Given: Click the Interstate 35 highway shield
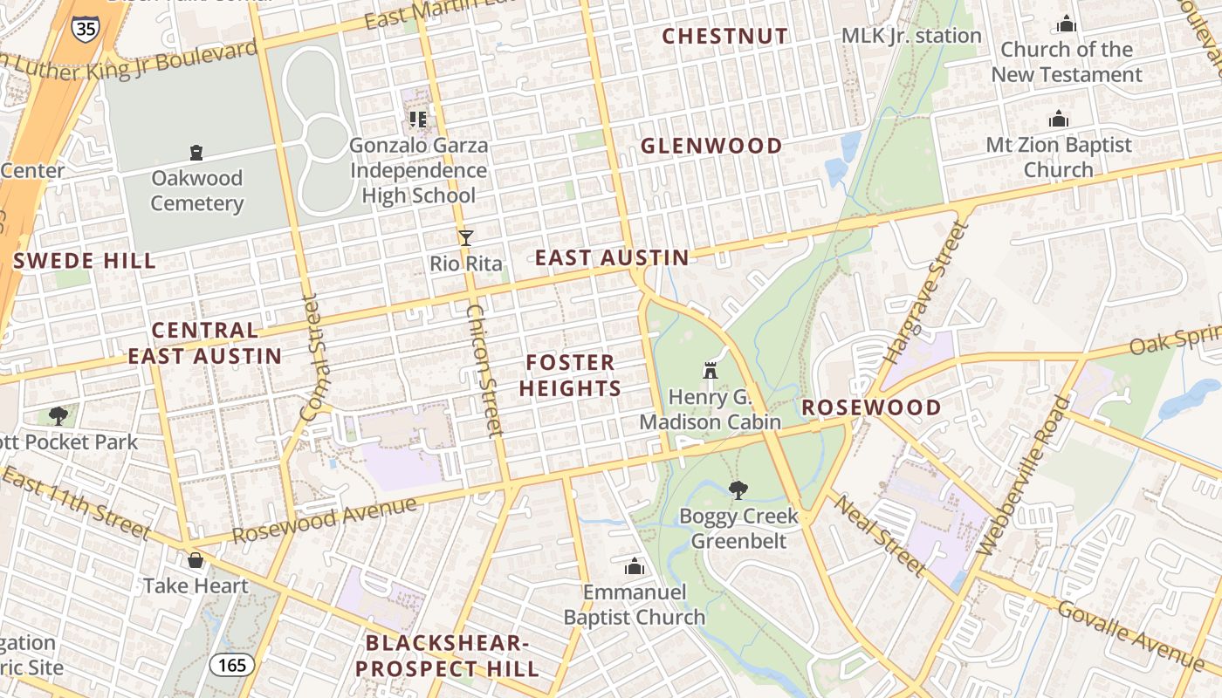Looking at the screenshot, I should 86,27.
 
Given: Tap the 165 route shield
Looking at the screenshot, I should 232,665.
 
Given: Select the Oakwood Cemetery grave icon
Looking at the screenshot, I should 196,153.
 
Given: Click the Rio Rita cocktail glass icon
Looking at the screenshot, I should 466,237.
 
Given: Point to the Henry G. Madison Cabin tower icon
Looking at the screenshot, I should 710,371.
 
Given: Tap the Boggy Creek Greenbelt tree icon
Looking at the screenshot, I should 738,489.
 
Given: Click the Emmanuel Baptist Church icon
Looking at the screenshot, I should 635,567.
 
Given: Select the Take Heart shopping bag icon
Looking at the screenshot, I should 196,559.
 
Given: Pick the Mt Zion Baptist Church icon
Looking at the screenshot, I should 1059,119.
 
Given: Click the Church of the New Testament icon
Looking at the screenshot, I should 1066,24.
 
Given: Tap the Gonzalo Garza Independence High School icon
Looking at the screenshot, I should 417,119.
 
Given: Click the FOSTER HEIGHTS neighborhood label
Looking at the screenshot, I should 573,375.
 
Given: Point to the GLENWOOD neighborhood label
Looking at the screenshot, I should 711,146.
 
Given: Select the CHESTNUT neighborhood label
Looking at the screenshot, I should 724,36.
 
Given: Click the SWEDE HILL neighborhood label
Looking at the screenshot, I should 85,260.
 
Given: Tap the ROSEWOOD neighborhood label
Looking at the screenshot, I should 871,407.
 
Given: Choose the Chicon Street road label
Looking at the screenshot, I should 484,369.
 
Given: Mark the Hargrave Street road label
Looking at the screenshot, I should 927,293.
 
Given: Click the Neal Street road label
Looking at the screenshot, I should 878,534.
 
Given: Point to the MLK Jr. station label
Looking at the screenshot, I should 911,36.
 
